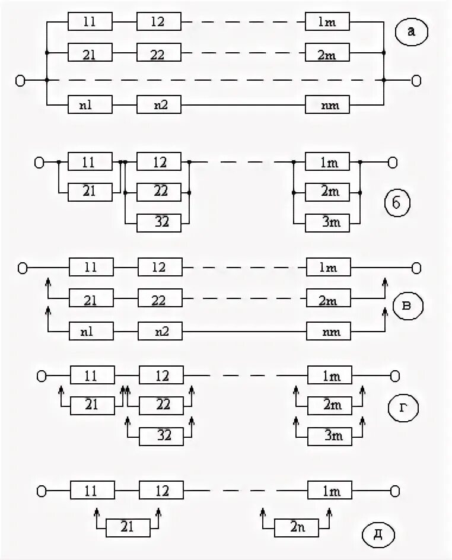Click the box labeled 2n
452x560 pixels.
coord(297,527)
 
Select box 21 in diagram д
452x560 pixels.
coord(128,527)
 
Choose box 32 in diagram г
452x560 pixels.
coord(161,436)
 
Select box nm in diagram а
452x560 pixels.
coord(328,106)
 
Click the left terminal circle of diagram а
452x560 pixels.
coord(20,80)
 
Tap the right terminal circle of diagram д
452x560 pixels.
coord(394,491)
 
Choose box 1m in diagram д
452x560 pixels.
coord(330,491)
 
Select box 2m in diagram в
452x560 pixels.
coord(329,300)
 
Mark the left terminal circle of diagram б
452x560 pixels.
coord(39,162)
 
